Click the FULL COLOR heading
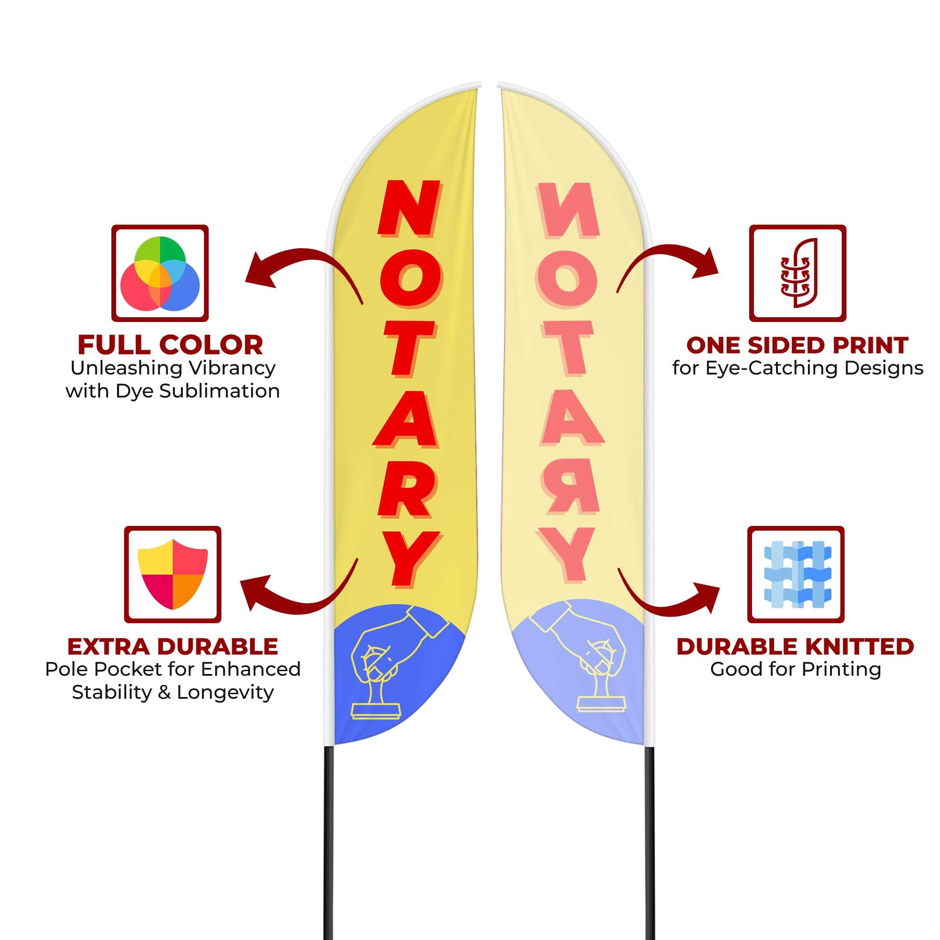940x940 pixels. pos(170,345)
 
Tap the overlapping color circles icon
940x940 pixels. pos(160,274)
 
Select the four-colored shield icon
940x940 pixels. pos(172,574)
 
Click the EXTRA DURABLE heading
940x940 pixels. pos(172,647)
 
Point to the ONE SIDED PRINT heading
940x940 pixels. pos(797,345)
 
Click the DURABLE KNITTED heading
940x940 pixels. pos(795,647)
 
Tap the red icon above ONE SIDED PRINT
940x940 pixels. pos(798,274)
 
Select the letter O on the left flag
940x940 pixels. pos(411,278)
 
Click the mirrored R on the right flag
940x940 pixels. pos(571,486)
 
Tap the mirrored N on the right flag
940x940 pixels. pos(568,210)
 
